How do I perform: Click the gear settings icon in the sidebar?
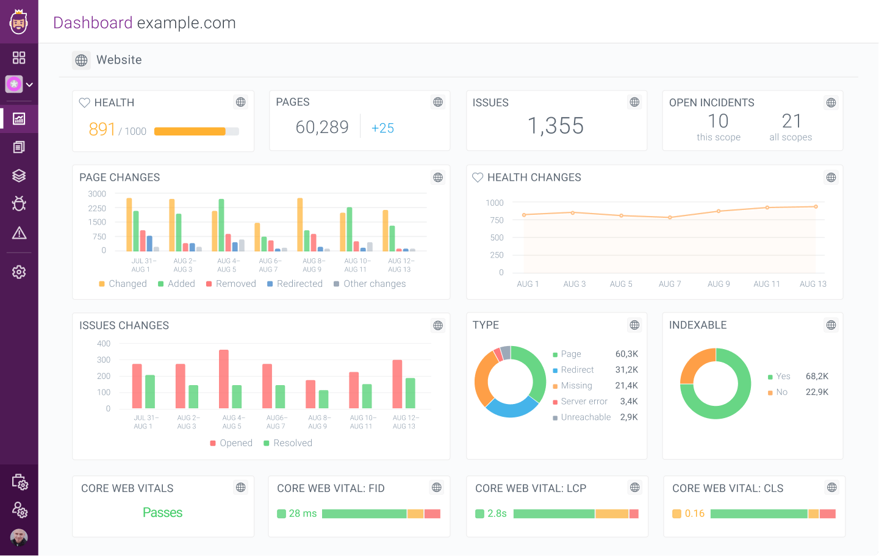tap(19, 272)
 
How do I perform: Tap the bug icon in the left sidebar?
tap(19, 204)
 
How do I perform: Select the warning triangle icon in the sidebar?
tap(19, 233)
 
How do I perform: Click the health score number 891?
tap(102, 129)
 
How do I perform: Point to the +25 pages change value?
tap(382, 128)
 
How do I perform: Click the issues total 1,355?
tap(555, 126)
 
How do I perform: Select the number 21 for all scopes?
tap(791, 121)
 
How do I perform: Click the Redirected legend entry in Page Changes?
tap(299, 284)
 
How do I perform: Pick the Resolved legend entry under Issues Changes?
tap(292, 443)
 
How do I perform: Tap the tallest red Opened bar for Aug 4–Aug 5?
tap(224, 378)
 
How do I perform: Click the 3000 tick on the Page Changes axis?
tap(97, 194)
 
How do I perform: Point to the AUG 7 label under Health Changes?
tap(669, 284)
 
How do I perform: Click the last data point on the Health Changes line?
tap(816, 207)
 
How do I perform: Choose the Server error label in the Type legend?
tap(584, 402)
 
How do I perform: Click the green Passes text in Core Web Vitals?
tap(162, 513)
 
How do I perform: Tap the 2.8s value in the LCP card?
tap(497, 514)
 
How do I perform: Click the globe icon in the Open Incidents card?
tap(831, 103)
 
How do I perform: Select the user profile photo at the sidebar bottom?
tap(19, 538)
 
